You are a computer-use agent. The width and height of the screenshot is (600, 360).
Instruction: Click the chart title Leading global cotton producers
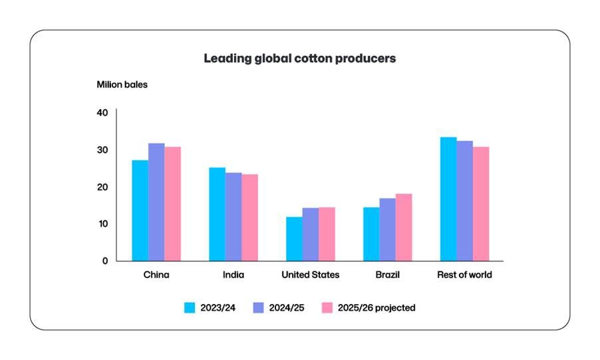pyautogui.click(x=299, y=59)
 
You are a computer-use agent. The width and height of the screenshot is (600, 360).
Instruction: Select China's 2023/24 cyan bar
pyautogui.click(x=140, y=210)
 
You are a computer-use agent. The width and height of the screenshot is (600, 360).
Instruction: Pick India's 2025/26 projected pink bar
pyautogui.click(x=249, y=218)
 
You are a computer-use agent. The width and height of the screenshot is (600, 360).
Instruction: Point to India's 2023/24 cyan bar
pyautogui.click(x=217, y=214)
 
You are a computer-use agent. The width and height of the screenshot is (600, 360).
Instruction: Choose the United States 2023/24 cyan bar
pyautogui.click(x=294, y=239)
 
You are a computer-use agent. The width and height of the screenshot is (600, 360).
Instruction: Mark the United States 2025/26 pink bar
pyautogui.click(x=327, y=234)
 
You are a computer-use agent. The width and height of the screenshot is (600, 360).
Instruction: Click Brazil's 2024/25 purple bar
pyautogui.click(x=387, y=230)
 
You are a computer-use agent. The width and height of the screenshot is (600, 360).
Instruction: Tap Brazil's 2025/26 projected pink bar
pyautogui.click(x=404, y=227)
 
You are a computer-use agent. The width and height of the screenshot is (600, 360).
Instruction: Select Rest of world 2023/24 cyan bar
pyautogui.click(x=448, y=199)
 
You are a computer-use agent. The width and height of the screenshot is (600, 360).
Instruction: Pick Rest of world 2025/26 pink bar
pyautogui.click(x=481, y=204)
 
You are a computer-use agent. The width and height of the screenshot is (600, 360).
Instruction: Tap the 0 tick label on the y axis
pyautogui.click(x=104, y=261)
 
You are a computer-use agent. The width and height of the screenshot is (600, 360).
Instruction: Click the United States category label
pyautogui.click(x=310, y=275)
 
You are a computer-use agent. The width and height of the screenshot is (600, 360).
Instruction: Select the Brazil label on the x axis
pyautogui.click(x=387, y=275)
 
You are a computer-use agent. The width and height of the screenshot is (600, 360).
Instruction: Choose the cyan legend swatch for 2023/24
pyautogui.click(x=190, y=307)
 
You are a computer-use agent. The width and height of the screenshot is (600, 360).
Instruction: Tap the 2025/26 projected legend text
pyautogui.click(x=377, y=307)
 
